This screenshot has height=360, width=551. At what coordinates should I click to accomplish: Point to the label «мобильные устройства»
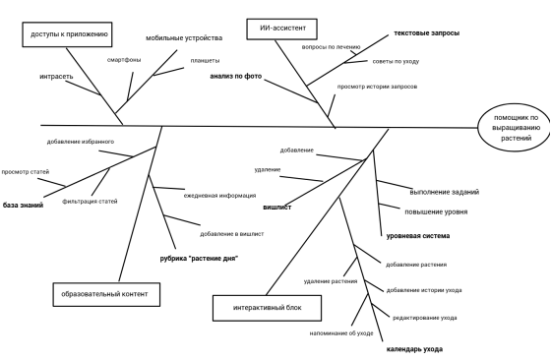click(184, 38)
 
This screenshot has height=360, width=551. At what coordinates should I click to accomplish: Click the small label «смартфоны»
click(124, 60)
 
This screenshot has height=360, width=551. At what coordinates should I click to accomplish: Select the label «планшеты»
click(206, 61)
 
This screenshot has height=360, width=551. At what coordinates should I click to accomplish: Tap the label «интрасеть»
click(56, 76)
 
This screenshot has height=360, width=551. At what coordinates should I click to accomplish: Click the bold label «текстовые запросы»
click(427, 33)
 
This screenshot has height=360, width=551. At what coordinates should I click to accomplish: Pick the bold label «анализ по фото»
click(236, 76)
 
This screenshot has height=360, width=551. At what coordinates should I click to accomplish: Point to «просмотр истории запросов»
click(377, 87)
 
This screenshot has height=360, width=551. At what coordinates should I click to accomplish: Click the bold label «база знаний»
click(23, 206)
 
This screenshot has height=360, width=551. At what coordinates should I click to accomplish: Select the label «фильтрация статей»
click(90, 202)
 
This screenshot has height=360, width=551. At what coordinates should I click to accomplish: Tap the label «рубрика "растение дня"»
click(199, 259)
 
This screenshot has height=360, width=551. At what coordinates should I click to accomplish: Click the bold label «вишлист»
click(277, 208)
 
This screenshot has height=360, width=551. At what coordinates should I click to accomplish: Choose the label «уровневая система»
click(418, 236)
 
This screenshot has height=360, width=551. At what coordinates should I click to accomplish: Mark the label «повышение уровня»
click(436, 211)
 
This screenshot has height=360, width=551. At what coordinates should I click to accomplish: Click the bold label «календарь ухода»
click(414, 349)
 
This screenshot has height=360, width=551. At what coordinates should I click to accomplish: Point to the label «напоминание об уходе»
click(341, 333)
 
